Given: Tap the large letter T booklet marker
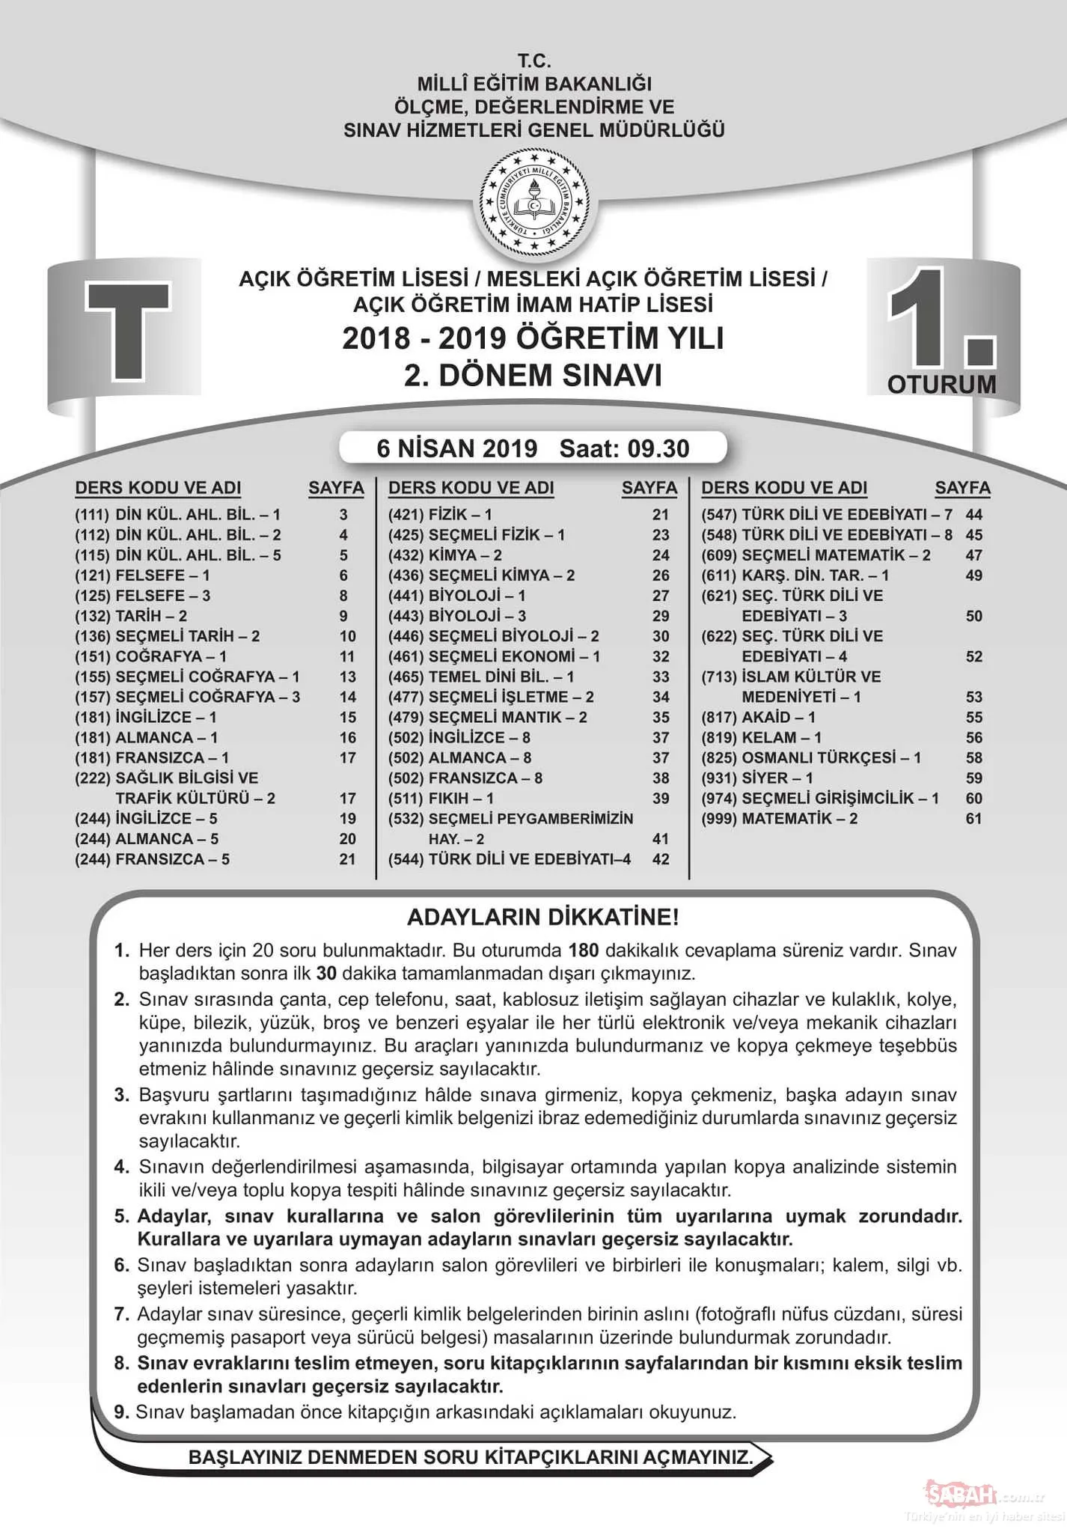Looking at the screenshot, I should coord(127,330).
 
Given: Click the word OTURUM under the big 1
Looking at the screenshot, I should coord(941,385).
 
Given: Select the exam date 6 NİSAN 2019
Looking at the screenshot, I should coord(456,448).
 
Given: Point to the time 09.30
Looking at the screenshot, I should coord(658,448).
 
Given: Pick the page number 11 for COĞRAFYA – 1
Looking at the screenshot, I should coord(347,656).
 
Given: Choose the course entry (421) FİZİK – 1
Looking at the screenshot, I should coord(440,515).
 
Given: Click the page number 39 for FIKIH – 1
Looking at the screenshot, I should coord(660,799).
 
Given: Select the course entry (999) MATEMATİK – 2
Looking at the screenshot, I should coord(779,819).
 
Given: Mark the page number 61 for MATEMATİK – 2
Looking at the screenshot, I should coord(973,819).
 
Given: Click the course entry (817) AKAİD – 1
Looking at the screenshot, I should coord(758,718).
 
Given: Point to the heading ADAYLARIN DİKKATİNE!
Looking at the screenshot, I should coord(542,917).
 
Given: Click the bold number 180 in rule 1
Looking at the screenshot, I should coord(584,950).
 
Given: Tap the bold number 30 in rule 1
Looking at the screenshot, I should coord(326,974).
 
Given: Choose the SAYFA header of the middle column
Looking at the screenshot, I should coord(649,488).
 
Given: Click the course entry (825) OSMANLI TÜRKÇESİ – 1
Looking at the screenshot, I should coord(811,758).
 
